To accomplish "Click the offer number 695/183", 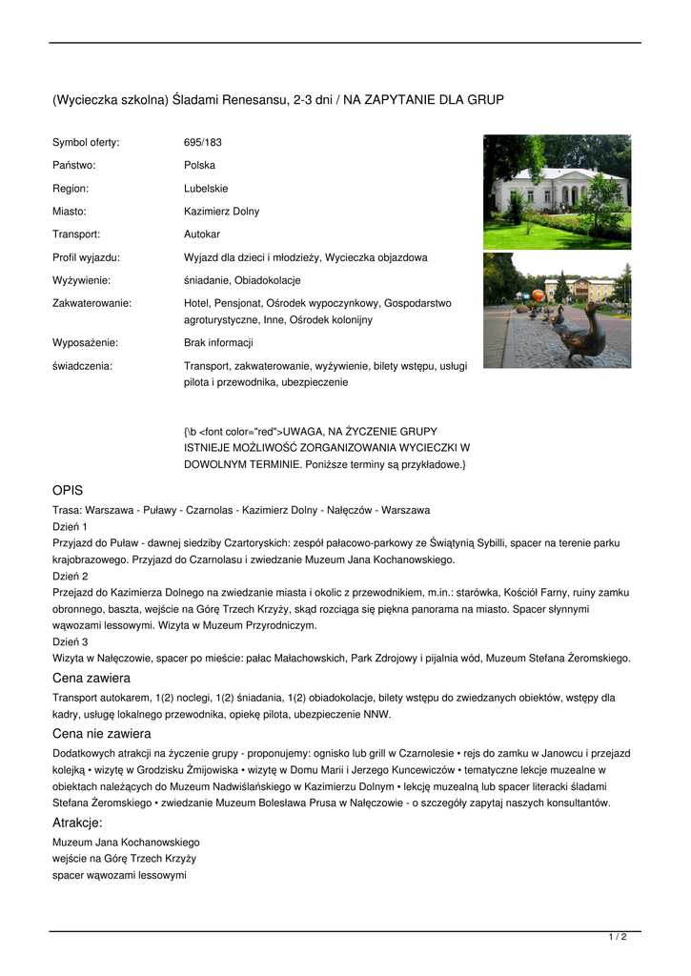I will click(x=202, y=143).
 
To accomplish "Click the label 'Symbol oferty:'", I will click(x=86, y=143).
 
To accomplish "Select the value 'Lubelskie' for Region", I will click(x=206, y=189).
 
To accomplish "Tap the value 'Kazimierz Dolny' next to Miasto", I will click(x=221, y=212).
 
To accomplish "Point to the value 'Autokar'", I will click(x=202, y=234).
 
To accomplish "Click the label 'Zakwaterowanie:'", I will click(x=91, y=303).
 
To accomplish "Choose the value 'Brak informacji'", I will click(x=218, y=343).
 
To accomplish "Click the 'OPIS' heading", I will click(x=68, y=490).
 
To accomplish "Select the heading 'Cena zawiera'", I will click(x=91, y=678).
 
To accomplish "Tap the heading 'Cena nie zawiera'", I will click(x=101, y=734).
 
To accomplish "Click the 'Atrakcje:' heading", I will click(x=77, y=823).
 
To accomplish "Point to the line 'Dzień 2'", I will click(x=70, y=577).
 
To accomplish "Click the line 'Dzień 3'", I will click(x=70, y=642).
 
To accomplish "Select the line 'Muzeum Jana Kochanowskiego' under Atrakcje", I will click(x=126, y=843).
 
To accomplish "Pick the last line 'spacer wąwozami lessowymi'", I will click(x=119, y=875).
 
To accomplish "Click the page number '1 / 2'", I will click(x=618, y=938).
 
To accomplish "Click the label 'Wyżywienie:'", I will click(x=81, y=280).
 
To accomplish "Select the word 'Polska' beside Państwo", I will click(x=199, y=166).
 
